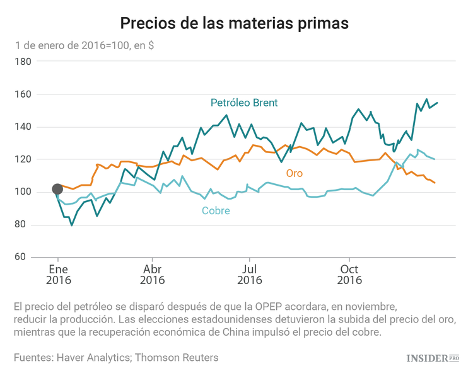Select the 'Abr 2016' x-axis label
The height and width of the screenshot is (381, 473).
click(152, 275)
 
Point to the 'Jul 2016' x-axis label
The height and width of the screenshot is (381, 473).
click(250, 275)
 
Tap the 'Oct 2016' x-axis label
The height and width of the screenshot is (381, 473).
click(349, 275)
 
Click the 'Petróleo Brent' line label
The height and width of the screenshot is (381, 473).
click(244, 103)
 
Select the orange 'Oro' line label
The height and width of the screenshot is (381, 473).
click(294, 173)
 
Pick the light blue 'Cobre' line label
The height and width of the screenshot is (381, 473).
click(216, 211)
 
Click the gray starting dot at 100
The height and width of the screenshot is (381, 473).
click(57, 189)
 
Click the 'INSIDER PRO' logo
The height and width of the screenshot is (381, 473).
click(432, 358)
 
